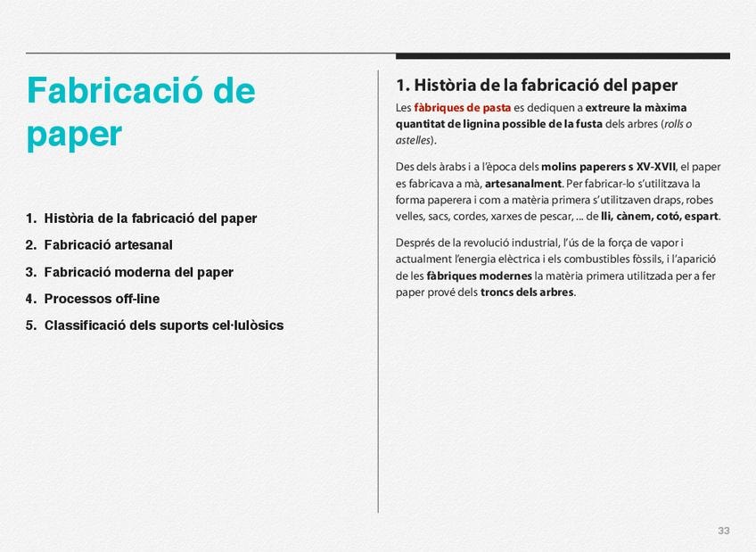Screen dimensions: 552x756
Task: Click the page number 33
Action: click(724, 531)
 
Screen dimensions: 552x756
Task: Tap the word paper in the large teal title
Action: click(74, 134)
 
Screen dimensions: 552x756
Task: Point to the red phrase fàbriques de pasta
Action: click(463, 108)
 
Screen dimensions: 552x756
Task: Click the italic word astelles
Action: click(413, 140)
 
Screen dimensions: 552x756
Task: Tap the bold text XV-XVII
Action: click(656, 167)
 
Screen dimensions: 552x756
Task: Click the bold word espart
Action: click(702, 216)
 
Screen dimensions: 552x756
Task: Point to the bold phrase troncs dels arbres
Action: click(527, 292)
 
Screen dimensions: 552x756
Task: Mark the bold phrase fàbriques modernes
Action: click(479, 276)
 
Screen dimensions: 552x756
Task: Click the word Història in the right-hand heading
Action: click(445, 86)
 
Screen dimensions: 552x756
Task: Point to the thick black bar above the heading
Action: click(563, 56)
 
